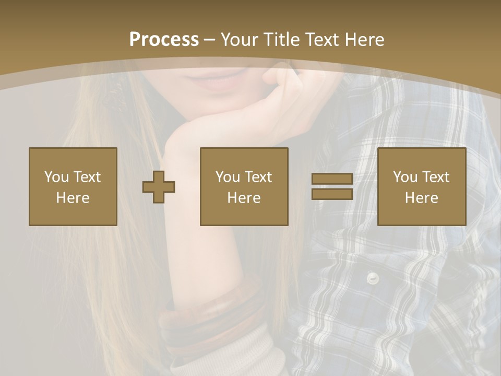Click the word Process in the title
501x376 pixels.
coord(164,40)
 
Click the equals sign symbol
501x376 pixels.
coord(332,187)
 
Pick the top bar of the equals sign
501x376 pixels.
coord(332,180)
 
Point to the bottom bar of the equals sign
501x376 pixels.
coord(332,194)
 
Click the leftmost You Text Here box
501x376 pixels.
coord(73,186)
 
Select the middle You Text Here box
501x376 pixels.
coord(244,186)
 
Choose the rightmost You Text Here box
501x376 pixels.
coord(422,186)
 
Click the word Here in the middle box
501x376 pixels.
coord(244,198)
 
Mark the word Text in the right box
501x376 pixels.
coord(436,177)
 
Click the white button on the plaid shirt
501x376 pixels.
coord(372,278)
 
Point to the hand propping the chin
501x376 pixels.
coord(261,112)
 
